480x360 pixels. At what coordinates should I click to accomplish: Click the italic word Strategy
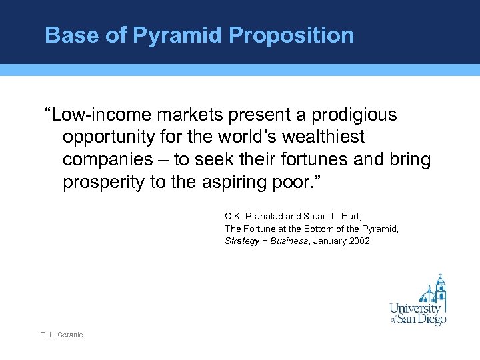point(241,241)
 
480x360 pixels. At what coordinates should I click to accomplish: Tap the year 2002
point(357,241)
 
